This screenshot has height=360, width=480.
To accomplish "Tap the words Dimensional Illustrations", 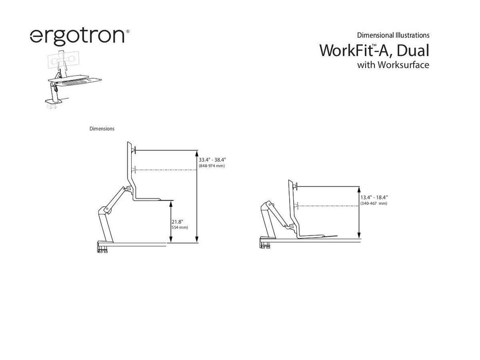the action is point(393,35).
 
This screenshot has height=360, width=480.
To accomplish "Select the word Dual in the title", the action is point(413,50).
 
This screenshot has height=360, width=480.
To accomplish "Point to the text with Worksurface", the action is point(393,65).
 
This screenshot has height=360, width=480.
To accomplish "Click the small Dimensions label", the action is point(102,129).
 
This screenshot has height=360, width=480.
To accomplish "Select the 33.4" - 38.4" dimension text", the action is point(212,160).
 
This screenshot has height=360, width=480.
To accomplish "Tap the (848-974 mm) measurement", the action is point(212,166).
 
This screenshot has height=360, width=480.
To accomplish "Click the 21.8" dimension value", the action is point(177,222).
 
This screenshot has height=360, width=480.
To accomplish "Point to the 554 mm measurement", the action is point(180,227).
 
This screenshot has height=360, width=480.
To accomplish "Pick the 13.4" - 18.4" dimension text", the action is point(374,197).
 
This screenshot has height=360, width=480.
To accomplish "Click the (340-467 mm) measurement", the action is point(374,203).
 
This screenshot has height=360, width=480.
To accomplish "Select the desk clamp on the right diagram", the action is point(265,242).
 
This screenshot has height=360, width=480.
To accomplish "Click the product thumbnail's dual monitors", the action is point(63,60).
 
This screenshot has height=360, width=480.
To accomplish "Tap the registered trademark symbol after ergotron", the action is point(128,31).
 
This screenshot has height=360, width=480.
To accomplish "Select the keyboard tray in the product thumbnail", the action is point(75,81).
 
